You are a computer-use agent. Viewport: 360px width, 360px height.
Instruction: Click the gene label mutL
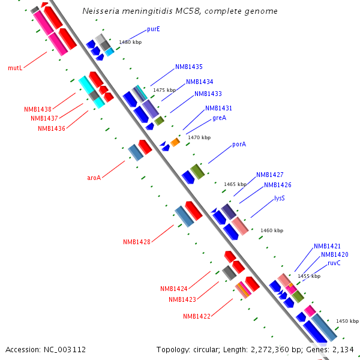coord(15,68)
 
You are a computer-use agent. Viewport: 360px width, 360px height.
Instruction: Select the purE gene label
coord(153,29)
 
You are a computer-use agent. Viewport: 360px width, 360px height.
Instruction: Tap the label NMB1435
coord(189,67)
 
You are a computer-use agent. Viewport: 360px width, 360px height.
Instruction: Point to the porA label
coord(239,144)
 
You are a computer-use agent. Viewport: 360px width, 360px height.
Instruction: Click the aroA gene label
coord(94,178)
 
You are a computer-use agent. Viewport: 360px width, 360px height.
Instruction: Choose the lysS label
coord(280,198)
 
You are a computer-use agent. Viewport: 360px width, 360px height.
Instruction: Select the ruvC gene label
coord(334,263)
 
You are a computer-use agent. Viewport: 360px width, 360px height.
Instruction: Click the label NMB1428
coord(137,242)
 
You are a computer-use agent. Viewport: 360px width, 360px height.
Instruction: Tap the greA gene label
coord(219,118)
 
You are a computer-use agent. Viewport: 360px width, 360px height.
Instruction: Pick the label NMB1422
coord(197,316)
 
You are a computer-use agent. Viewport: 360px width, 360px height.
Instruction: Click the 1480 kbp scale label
coord(131,42)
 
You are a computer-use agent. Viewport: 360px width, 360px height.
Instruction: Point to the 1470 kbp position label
coord(199,137)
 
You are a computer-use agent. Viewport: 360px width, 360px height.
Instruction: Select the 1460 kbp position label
coord(271,230)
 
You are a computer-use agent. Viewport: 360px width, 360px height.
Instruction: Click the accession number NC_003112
coord(64,349)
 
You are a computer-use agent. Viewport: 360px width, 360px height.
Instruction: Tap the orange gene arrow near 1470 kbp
coord(175,142)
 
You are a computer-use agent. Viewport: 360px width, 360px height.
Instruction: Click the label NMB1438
coord(38,109)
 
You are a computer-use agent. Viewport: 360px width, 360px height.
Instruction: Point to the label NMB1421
coord(327,246)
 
